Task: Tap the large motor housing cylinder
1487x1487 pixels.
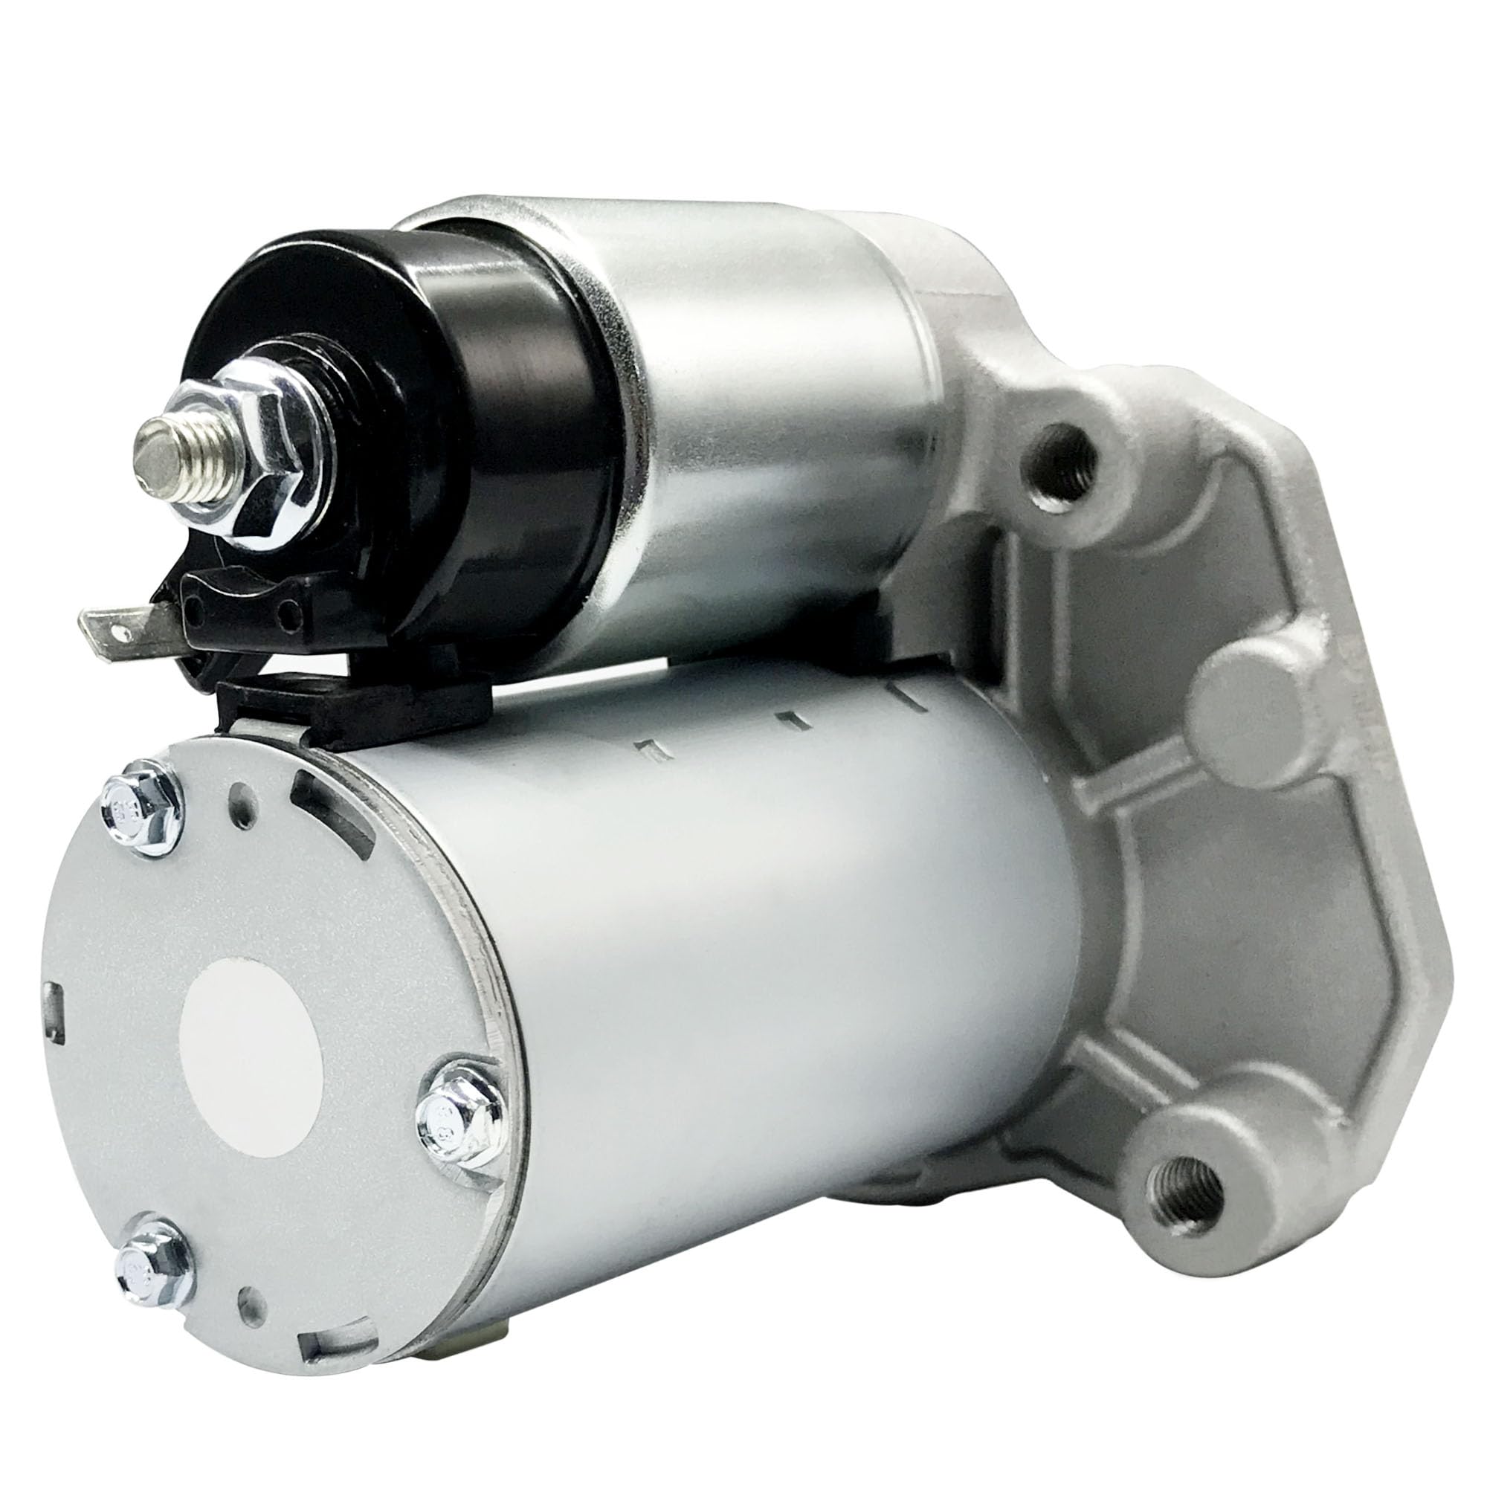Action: coord(770,962)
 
